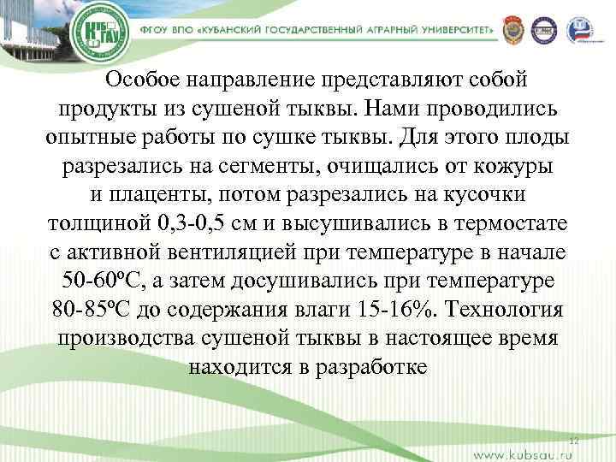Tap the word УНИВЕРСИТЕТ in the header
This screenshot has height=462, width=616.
tap(452, 28)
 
